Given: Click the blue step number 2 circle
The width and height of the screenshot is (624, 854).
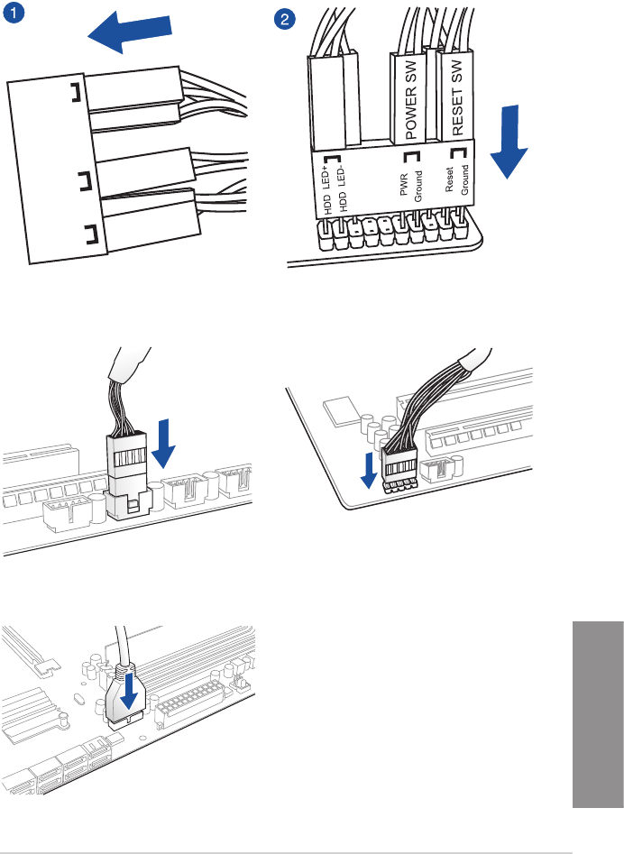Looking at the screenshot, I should coord(286,18).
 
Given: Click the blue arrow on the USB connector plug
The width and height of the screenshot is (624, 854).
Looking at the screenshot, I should coord(129,693).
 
